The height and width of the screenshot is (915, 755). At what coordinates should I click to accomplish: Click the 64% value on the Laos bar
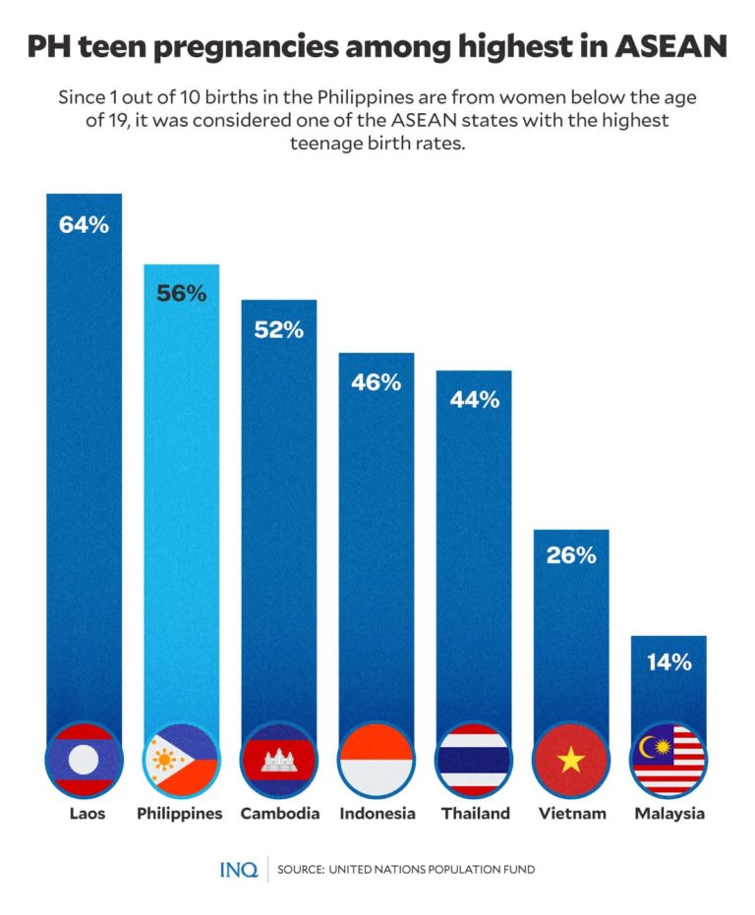tap(84, 224)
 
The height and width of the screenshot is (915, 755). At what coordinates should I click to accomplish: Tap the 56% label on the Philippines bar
tap(181, 294)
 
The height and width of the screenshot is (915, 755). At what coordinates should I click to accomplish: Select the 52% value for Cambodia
tap(278, 330)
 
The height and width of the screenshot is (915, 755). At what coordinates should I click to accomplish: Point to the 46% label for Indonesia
tap(377, 382)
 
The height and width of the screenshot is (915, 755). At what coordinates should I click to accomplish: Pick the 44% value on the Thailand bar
tap(474, 400)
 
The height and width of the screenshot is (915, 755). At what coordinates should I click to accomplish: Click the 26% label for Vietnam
tap(571, 555)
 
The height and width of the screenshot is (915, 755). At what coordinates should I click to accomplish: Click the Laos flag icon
tap(84, 760)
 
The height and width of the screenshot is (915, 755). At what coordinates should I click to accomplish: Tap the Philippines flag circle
tap(181, 760)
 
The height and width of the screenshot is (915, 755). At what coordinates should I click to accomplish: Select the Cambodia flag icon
tap(278, 760)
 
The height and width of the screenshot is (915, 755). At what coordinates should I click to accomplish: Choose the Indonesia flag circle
tap(377, 760)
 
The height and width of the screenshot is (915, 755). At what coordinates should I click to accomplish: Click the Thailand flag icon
tap(474, 760)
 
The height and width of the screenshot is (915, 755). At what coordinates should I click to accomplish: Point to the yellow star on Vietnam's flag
tap(571, 761)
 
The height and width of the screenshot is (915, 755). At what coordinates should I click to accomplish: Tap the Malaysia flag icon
tap(668, 760)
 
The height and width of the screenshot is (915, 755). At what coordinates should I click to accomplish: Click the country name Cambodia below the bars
tap(278, 814)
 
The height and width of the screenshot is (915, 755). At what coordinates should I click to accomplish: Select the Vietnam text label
tap(571, 814)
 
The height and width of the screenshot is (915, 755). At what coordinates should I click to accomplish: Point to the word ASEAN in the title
tap(672, 46)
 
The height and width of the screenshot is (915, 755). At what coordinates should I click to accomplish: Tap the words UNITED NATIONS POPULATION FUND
tap(432, 871)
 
